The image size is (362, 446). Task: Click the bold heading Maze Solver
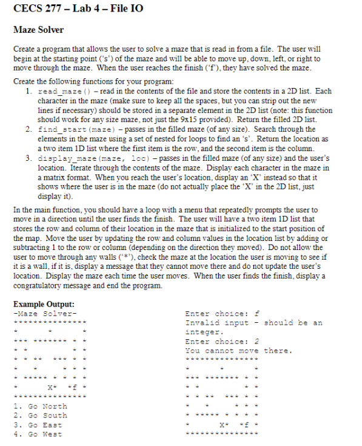pos(38,29)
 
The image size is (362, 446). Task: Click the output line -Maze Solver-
pos(45,314)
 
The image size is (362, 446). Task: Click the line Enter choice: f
pos(223,314)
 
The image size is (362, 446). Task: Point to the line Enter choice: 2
pos(223,342)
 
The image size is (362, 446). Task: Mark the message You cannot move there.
pos(238,351)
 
